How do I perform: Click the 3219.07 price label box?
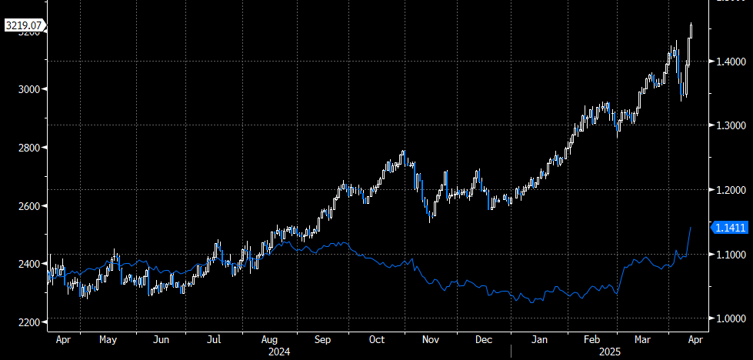22,25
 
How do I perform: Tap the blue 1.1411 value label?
730,227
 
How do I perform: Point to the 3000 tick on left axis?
28,89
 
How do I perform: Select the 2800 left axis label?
28,148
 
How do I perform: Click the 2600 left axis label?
28,206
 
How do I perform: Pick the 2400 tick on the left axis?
28,264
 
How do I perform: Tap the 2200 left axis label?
28,322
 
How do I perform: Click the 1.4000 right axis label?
730,61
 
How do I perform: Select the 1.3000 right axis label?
730,125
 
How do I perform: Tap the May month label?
108,339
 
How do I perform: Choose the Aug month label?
269,339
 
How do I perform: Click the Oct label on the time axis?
377,339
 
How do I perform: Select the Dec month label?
485,339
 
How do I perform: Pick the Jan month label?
540,339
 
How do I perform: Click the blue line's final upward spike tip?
691,228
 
